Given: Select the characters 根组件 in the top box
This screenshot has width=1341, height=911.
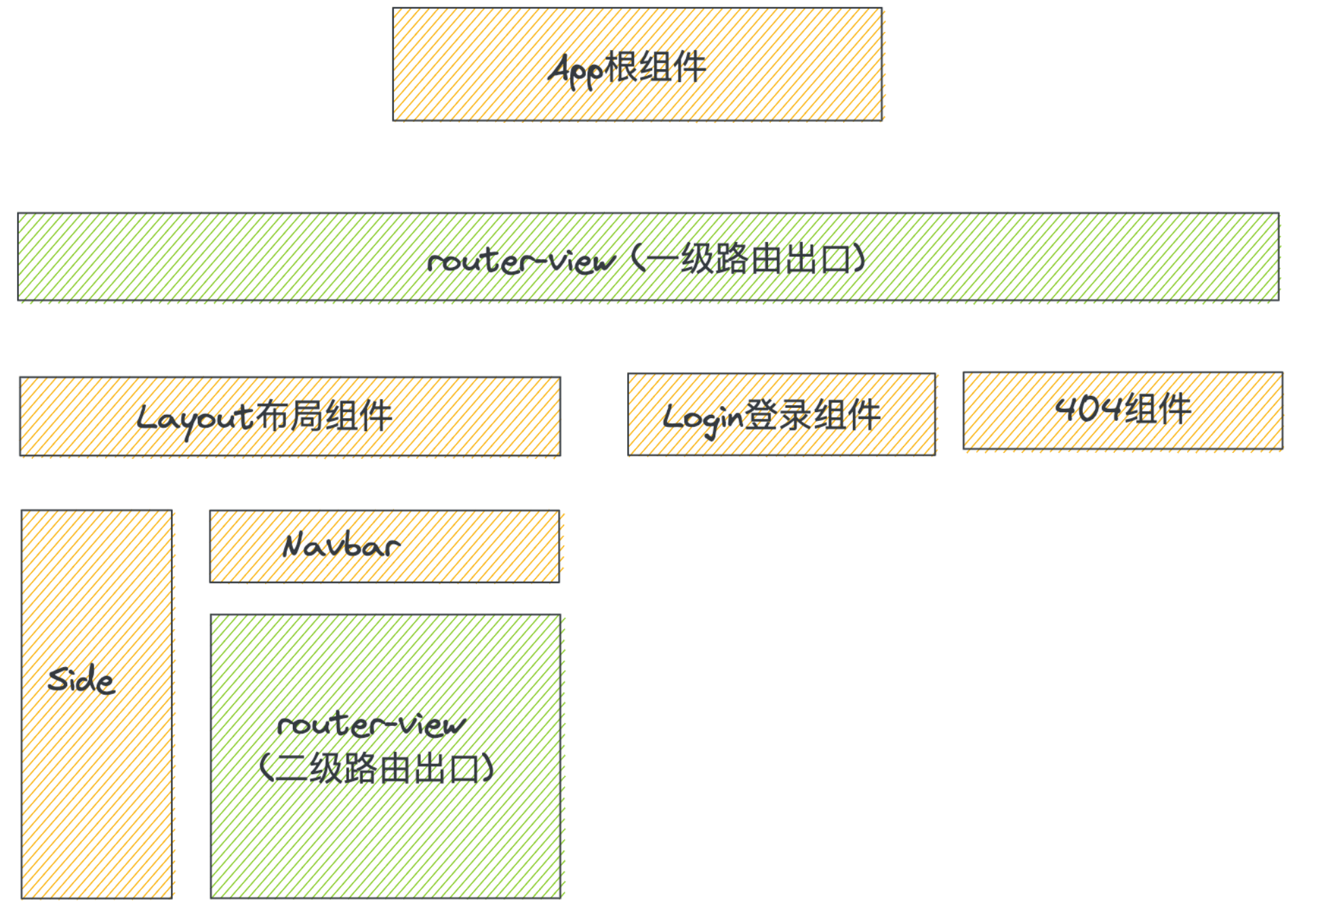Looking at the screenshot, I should pyautogui.click(x=655, y=68).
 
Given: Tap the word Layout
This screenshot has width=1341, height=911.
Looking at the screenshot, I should pyautogui.click(x=195, y=418).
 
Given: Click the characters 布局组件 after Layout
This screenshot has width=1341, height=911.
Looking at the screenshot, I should pyautogui.click(x=324, y=416).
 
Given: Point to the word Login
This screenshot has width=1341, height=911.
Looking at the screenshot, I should pyautogui.click(x=703, y=418).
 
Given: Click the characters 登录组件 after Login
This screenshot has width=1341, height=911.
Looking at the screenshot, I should pyautogui.click(x=813, y=415).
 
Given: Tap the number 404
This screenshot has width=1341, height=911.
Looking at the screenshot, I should pyautogui.click(x=1087, y=409).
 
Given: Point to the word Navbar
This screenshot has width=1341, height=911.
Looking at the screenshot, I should pyautogui.click(x=341, y=546).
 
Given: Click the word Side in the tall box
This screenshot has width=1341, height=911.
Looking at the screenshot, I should pyautogui.click(x=81, y=680).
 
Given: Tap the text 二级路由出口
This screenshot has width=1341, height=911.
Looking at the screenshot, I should pyautogui.click(x=377, y=769).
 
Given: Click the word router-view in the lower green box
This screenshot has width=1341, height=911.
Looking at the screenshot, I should pyautogui.click(x=372, y=725).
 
